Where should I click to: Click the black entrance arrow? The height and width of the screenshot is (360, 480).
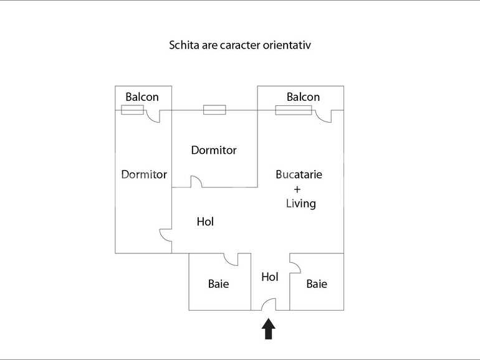click(x=269, y=329)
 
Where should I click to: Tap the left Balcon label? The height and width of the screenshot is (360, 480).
click(x=142, y=97)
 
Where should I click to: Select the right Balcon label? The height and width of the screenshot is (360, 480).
click(x=303, y=97)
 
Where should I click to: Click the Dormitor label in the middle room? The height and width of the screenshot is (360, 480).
click(x=214, y=150)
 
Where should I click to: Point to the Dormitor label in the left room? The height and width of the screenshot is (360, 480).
click(x=144, y=174)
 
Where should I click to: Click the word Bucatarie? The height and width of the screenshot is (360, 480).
click(x=299, y=174)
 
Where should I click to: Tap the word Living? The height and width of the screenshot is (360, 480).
click(x=300, y=204)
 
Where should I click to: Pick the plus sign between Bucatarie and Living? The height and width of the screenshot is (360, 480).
click(x=297, y=189)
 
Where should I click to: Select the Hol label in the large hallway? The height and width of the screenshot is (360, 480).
click(x=205, y=221)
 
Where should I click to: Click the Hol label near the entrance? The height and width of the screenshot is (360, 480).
click(x=270, y=277)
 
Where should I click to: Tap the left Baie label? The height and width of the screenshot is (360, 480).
click(x=218, y=284)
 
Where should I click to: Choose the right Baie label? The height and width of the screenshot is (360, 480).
click(x=317, y=284)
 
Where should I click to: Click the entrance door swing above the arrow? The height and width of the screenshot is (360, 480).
click(x=269, y=305)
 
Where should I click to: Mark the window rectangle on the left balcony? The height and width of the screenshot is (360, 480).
click(x=132, y=110)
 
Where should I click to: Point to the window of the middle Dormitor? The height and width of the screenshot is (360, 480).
click(x=214, y=110)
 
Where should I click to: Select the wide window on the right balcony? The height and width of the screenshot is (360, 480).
click(x=294, y=110)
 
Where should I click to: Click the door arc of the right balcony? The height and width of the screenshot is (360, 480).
click(x=324, y=116)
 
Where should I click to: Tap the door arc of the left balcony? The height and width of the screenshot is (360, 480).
click(x=153, y=116)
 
